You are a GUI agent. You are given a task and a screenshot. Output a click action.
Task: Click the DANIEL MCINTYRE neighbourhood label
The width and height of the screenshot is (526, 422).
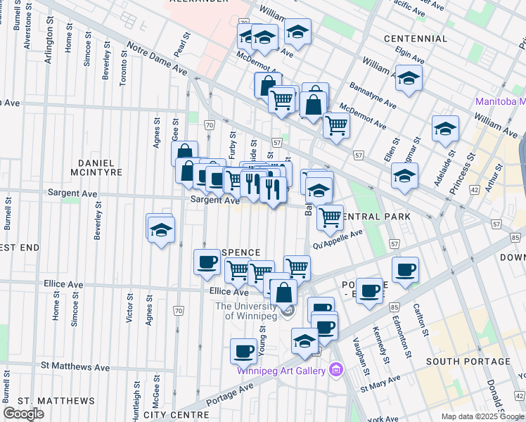point(96,165)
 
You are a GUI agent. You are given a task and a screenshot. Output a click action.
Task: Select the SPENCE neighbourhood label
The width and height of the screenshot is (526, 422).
point(240,252)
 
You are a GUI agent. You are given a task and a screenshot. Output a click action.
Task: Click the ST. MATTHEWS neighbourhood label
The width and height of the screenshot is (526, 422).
point(47,401)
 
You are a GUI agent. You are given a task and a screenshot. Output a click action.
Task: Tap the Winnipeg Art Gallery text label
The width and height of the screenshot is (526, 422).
point(281,371)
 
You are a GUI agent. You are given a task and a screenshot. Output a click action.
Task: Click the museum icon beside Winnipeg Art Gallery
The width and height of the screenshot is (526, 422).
point(335,370)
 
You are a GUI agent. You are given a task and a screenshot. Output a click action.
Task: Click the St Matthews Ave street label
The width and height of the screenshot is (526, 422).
point(75,366)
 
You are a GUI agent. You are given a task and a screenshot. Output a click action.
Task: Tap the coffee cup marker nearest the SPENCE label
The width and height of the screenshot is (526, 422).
point(207,262)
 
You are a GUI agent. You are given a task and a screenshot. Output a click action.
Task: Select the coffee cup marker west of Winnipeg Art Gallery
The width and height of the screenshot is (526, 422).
point(244,350)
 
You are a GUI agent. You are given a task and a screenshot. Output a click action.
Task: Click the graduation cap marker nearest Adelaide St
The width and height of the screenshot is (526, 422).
point(445,129)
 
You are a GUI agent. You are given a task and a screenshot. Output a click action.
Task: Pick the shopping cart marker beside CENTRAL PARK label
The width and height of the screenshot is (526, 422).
point(329,217)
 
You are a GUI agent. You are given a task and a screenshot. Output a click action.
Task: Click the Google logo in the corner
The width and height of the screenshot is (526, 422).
point(24,414)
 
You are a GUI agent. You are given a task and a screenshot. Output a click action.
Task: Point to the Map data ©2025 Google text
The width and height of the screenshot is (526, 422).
point(482,416)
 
